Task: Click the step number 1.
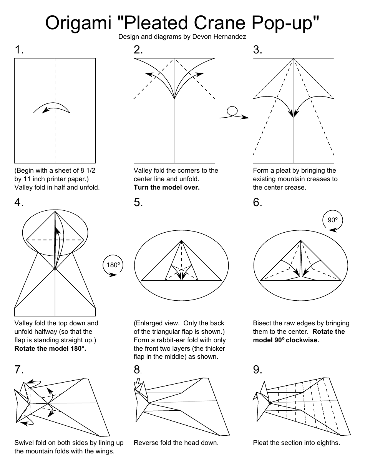point(19,50)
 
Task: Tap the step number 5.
point(138,203)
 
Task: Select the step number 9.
point(257,370)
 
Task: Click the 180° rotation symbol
point(113,266)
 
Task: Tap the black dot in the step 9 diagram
point(270,403)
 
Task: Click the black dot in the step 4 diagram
point(55,268)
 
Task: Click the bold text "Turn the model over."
point(166,187)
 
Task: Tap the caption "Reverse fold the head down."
point(176,443)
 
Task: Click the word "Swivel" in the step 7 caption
point(24,443)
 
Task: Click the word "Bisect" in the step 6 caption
point(263,323)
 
